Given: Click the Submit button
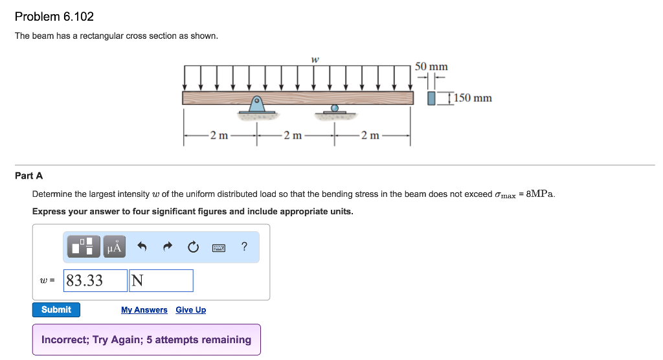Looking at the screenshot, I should [56, 309].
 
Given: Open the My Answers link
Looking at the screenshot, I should [144, 310].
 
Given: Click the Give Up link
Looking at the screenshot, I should [190, 310].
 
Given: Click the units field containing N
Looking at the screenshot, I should [161, 280].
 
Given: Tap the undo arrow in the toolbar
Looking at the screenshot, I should [142, 247].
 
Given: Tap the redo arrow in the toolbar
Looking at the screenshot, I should [167, 247].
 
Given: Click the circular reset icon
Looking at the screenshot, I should [192, 247].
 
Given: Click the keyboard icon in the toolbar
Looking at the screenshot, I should [218, 247].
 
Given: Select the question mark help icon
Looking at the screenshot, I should [243, 246].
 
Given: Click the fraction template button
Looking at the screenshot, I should [84, 247].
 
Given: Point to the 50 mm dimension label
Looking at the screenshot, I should [431, 67].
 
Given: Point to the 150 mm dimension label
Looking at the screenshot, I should [473, 98].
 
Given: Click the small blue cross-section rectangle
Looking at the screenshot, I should [432, 98].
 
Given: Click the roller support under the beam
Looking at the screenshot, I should [334, 110].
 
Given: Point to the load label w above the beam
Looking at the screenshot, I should [315, 59].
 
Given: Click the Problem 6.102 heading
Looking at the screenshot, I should [50, 16].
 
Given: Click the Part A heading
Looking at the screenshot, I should [28, 175].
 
